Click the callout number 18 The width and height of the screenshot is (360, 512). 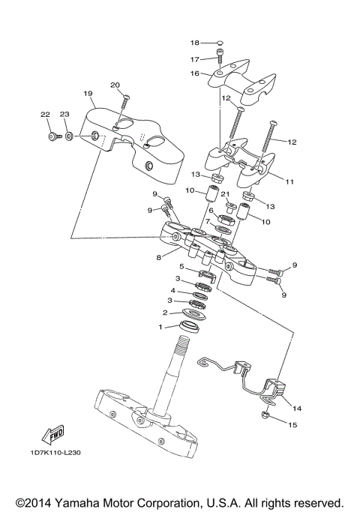click(x=195, y=43)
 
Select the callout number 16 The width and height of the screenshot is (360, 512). click(x=194, y=73)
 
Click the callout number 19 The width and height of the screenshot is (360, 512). click(x=88, y=94)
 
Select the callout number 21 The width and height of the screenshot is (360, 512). click(x=224, y=194)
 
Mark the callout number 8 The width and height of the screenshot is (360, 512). click(x=157, y=256)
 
